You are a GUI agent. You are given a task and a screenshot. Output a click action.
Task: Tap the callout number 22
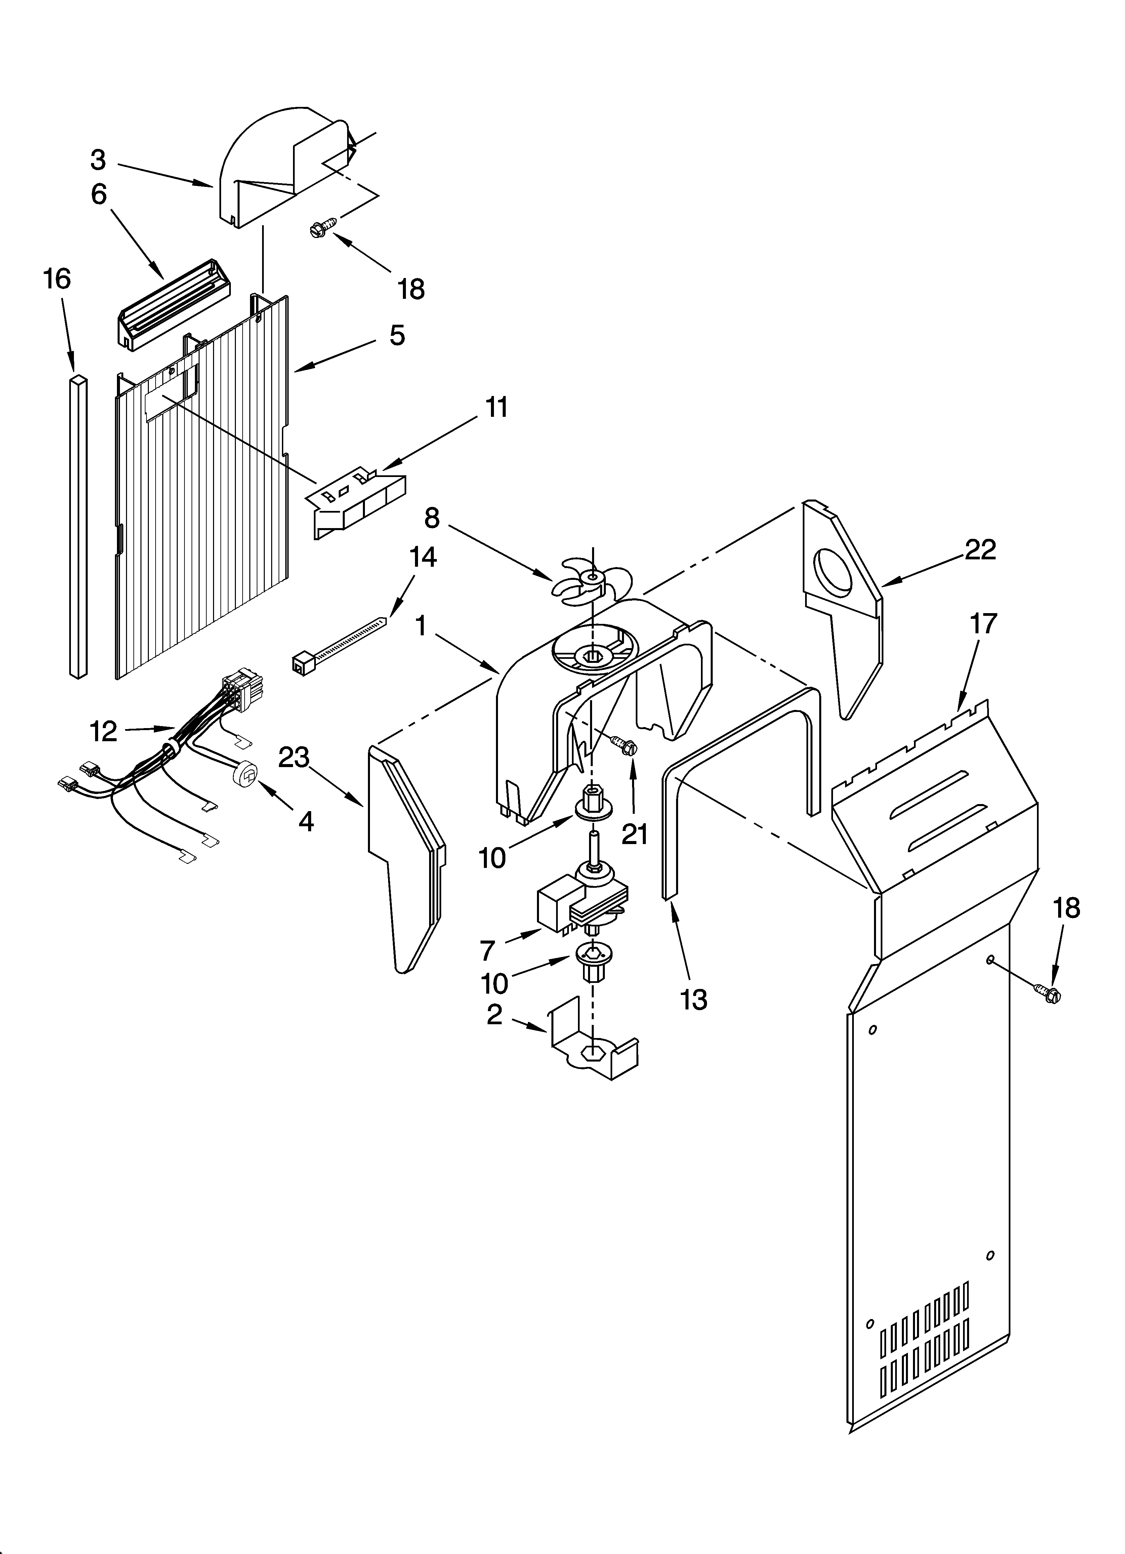tap(980, 550)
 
